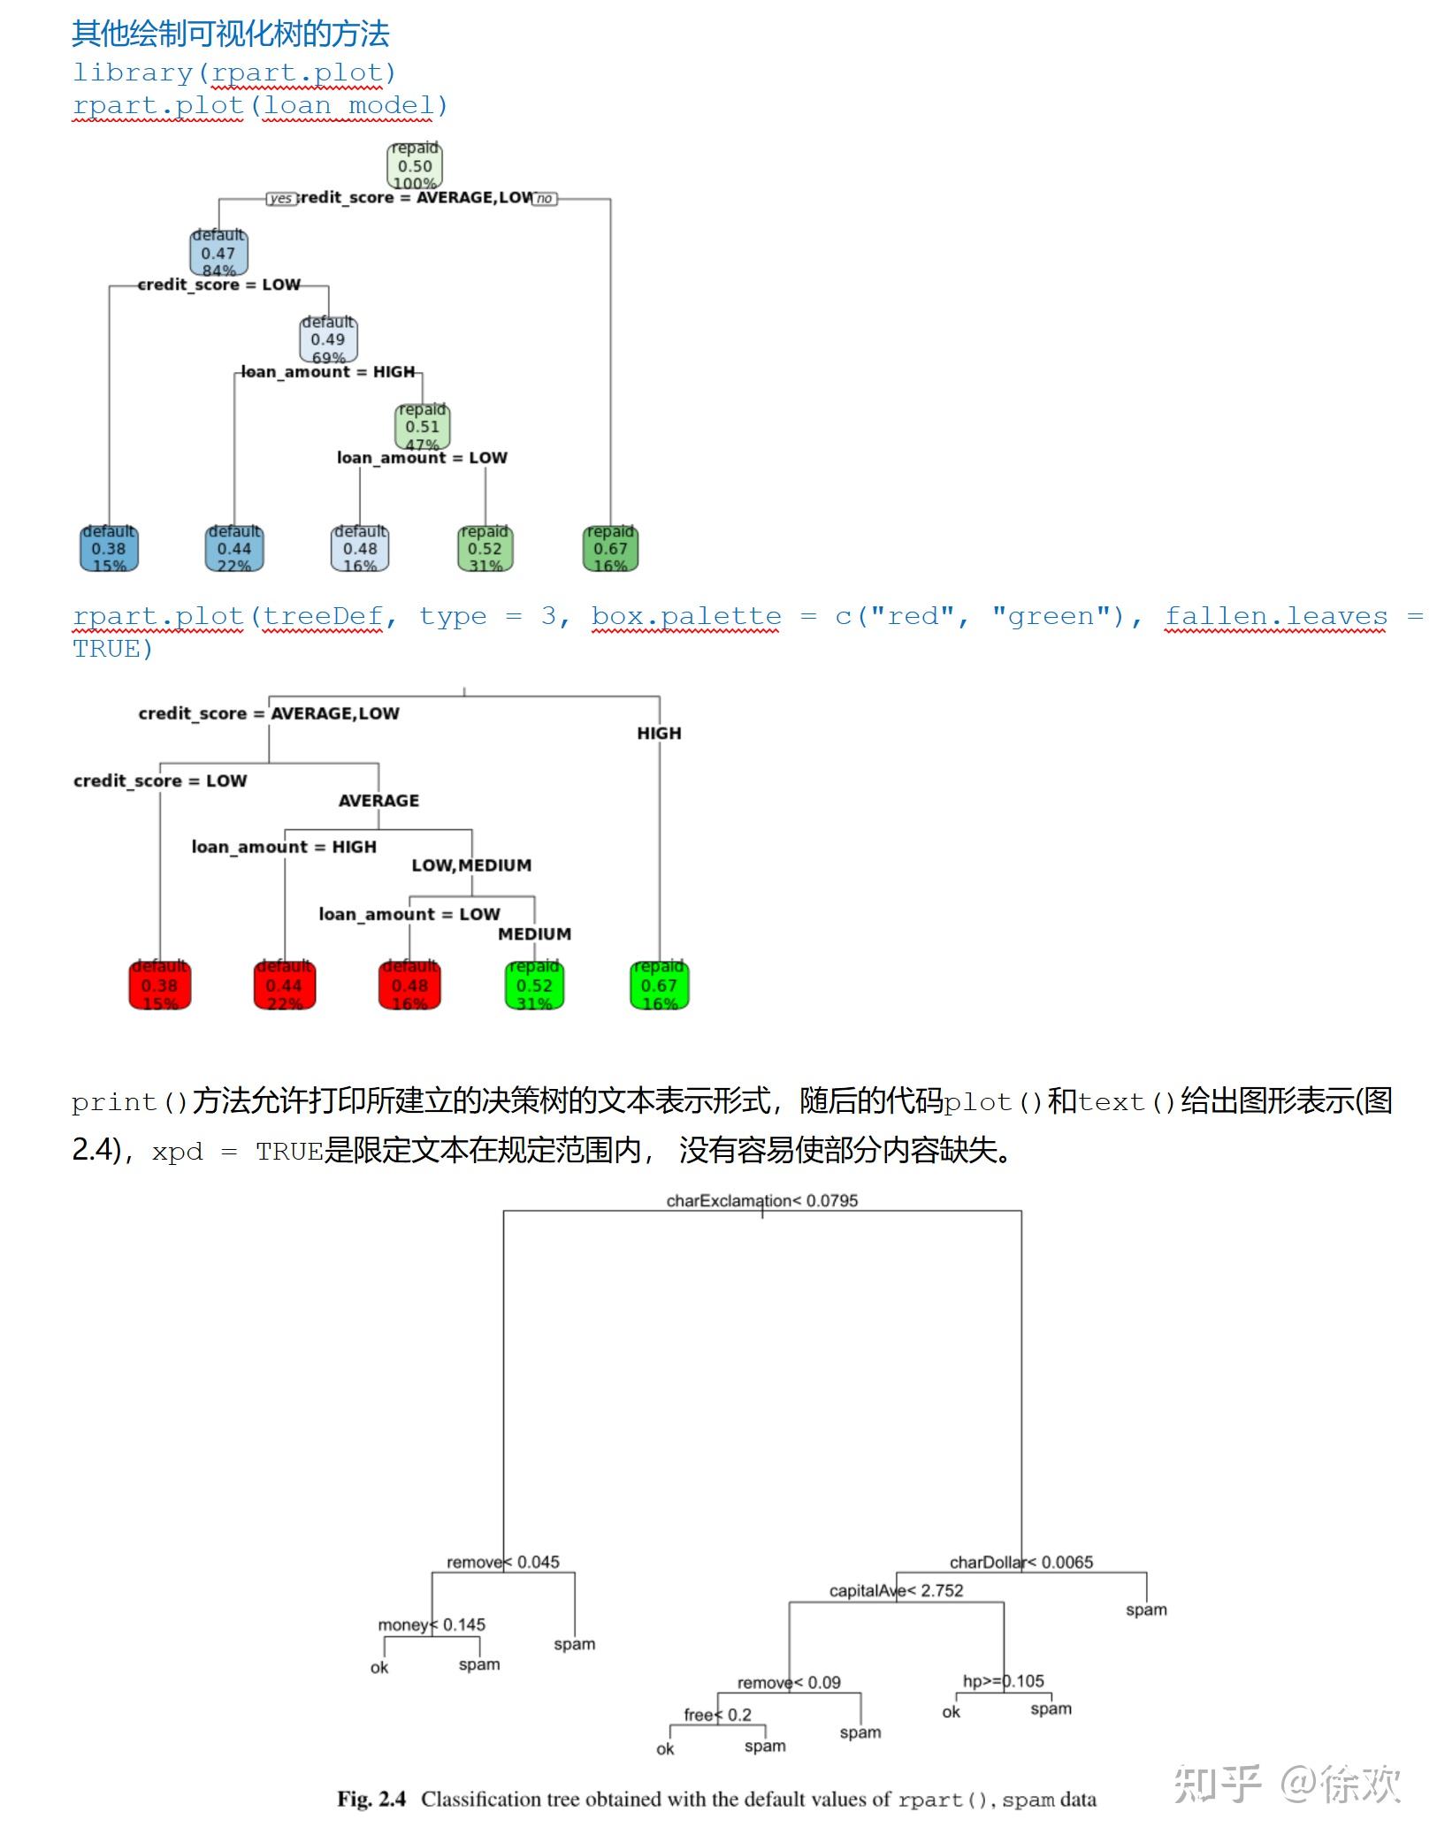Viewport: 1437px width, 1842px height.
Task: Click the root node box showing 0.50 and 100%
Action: click(x=415, y=165)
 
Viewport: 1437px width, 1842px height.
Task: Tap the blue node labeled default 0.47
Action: click(x=218, y=253)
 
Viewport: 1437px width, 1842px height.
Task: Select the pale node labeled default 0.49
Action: click(x=328, y=339)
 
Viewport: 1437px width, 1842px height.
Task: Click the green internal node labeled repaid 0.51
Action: click(x=422, y=426)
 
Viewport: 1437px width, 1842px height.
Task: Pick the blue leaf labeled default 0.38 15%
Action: click(x=109, y=548)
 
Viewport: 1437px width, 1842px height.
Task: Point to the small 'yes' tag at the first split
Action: click(x=280, y=199)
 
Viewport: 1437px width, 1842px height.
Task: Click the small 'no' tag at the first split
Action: click(x=545, y=199)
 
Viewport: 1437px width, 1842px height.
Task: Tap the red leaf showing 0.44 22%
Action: click(x=284, y=985)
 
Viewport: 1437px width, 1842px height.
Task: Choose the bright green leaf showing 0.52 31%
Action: click(x=534, y=985)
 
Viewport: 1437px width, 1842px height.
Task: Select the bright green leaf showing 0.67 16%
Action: click(x=659, y=985)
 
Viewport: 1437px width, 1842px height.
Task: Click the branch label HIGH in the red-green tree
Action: click(x=659, y=733)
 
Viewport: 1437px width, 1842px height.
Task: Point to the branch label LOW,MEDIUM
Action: click(x=471, y=865)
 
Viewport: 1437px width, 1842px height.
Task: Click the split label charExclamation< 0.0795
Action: click(x=761, y=1200)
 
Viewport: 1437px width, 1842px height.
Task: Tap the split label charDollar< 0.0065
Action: click(x=1020, y=1562)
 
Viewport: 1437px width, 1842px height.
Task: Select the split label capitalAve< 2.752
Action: click(x=896, y=1590)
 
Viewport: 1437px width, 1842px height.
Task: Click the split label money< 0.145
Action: click(x=431, y=1625)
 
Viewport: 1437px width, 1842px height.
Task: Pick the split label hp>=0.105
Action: click(x=1003, y=1680)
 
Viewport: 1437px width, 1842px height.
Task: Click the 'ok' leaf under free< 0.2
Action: click(x=665, y=1748)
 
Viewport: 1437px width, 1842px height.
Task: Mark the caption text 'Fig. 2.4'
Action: click(x=371, y=1799)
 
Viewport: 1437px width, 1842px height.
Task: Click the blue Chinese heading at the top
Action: click(x=230, y=34)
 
